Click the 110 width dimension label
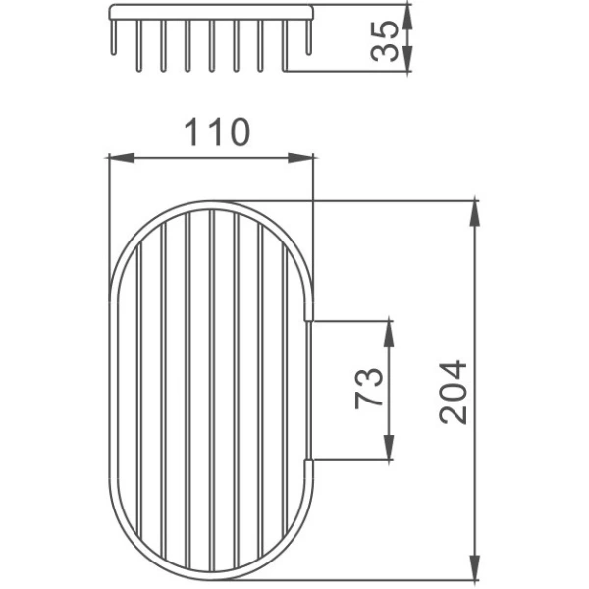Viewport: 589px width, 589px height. pyautogui.click(x=217, y=132)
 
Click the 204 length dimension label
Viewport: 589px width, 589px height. pyautogui.click(x=454, y=393)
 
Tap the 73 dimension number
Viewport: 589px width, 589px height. pyautogui.click(x=369, y=389)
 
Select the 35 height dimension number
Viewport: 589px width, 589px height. pyautogui.click(x=384, y=41)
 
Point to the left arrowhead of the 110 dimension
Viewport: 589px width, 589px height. pyautogui.click(x=122, y=158)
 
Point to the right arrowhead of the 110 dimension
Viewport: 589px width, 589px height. pyautogui.click(x=300, y=158)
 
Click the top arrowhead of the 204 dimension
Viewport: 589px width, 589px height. pyautogui.click(x=475, y=213)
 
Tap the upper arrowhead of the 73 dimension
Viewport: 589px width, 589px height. pyautogui.click(x=389, y=334)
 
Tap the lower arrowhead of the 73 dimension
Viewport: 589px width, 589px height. pyautogui.click(x=389, y=447)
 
